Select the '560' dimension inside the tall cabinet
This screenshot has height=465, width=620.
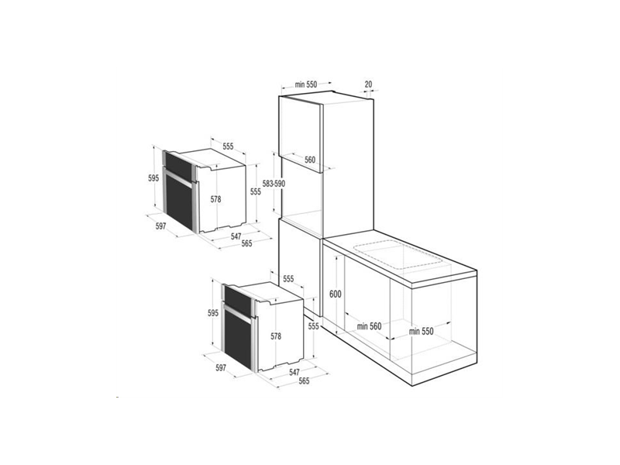310,160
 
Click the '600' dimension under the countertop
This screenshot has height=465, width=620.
335,294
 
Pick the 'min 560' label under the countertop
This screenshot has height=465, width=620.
369,326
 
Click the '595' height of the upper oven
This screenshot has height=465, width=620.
153,178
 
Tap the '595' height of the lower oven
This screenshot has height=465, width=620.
213,314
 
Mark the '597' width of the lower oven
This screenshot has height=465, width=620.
222,368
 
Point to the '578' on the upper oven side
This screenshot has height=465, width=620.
215,199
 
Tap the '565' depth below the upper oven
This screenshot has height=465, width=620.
246,244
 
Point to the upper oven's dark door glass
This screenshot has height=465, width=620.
177,198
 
